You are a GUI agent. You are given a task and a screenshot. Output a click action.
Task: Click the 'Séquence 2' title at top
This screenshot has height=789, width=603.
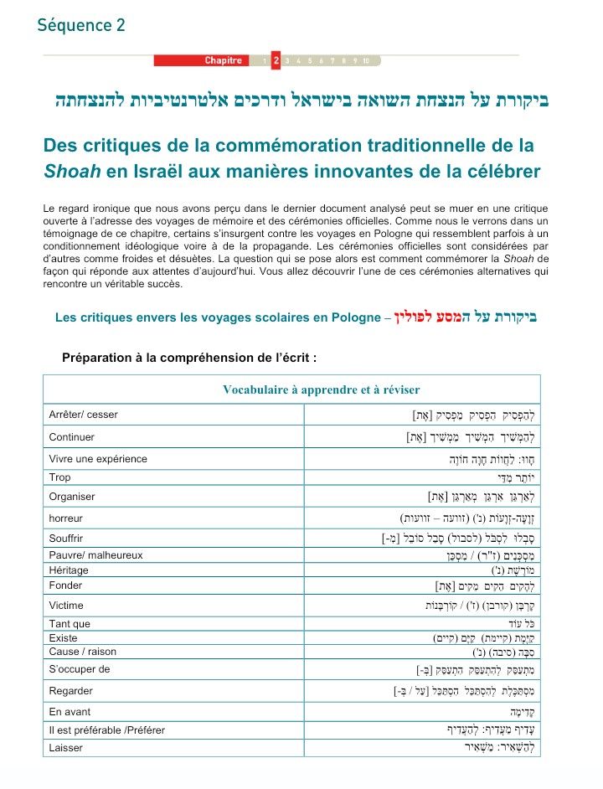[x=81, y=25]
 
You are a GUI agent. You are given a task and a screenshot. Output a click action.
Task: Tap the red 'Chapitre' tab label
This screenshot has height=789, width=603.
[x=223, y=60]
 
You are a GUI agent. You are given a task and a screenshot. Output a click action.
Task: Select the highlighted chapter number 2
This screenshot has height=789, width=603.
[x=276, y=60]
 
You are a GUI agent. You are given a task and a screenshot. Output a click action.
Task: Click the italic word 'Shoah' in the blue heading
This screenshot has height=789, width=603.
[x=72, y=172]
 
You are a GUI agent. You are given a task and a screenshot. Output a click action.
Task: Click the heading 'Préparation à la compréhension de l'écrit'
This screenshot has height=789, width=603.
[x=189, y=358]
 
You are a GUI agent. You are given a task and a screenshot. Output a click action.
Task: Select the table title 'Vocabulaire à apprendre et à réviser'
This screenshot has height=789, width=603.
[x=321, y=389]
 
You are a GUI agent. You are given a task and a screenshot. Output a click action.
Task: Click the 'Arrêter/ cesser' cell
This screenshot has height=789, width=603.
[x=84, y=415]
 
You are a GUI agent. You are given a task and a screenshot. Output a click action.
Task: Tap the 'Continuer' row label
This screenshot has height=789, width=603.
[x=72, y=437]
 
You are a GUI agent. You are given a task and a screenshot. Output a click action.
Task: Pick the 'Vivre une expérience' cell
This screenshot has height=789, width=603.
[x=98, y=459]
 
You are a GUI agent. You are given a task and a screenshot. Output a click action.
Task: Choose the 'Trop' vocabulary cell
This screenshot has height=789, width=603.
[x=60, y=477]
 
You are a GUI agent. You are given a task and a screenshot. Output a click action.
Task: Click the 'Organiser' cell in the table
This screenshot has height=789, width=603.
[x=72, y=497]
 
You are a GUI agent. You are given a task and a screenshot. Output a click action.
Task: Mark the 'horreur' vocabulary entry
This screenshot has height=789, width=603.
[x=66, y=518]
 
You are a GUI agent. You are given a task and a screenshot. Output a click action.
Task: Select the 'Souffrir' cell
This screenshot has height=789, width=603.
[x=66, y=539]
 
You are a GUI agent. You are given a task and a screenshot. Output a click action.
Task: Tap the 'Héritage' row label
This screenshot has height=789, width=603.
[x=69, y=570]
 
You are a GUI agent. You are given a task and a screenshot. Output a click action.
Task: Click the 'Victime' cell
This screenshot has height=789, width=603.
[x=66, y=606]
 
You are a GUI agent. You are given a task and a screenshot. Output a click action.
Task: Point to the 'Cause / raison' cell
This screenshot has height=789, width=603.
[x=83, y=652]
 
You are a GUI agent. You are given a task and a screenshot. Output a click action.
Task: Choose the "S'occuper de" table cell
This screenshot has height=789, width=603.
[x=80, y=669]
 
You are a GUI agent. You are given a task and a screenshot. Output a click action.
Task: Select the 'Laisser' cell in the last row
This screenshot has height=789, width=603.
[x=65, y=747]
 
